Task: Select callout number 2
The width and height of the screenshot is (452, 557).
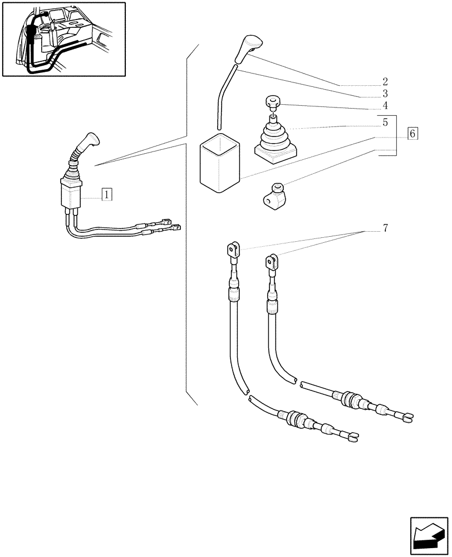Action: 385,81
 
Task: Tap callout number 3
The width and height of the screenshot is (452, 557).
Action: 385,93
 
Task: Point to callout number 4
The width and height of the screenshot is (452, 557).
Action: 385,105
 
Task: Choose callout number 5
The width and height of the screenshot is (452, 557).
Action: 385,121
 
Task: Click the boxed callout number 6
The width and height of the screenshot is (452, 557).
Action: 412,134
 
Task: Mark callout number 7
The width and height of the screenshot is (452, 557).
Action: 385,228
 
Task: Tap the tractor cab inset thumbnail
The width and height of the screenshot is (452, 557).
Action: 63,38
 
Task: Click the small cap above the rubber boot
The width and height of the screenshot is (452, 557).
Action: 272,102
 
